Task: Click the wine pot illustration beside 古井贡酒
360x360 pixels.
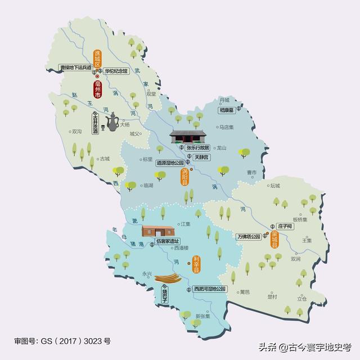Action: [x=111, y=121]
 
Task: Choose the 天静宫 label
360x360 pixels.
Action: [x=202, y=157]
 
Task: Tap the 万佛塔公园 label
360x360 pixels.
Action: [x=249, y=237]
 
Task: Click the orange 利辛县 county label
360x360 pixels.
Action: [x=196, y=264]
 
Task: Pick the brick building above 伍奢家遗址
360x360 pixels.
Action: [x=158, y=231]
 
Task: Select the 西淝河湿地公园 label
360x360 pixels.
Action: [x=209, y=289]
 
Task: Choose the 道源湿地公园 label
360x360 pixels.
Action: [x=171, y=163]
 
